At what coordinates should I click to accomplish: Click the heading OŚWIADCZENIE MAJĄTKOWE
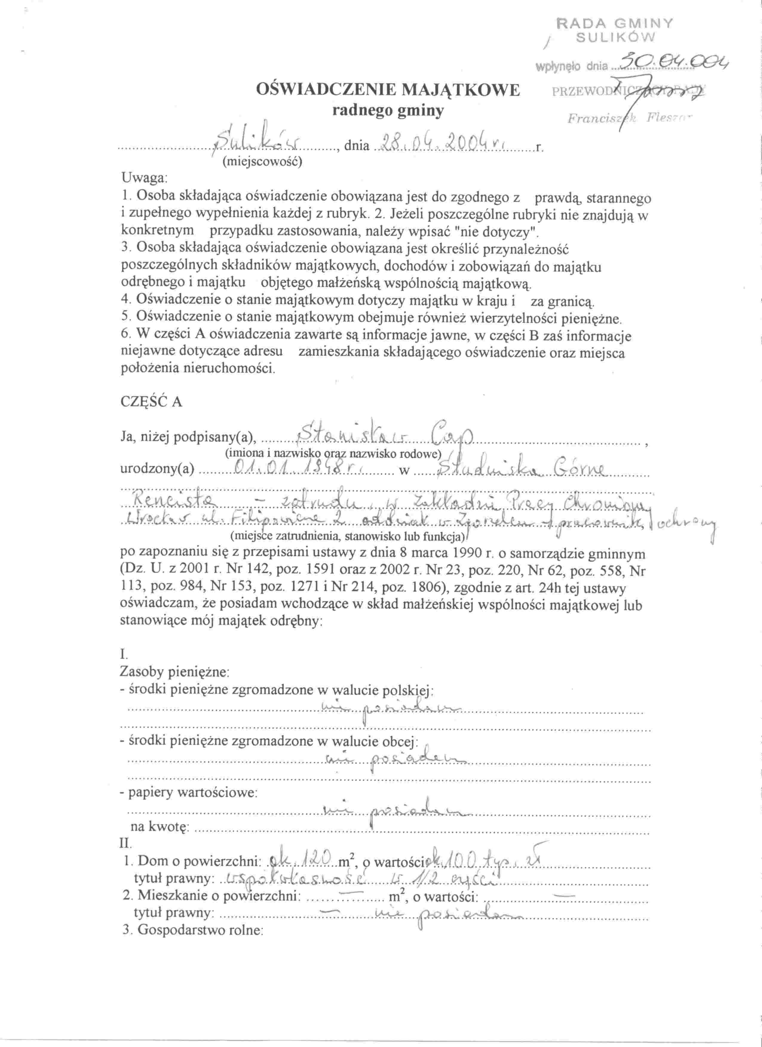pyautogui.click(x=388, y=90)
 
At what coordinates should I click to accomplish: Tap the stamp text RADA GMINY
pyautogui.click(x=615, y=24)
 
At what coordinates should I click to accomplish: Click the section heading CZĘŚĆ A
pyautogui.click(x=151, y=402)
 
